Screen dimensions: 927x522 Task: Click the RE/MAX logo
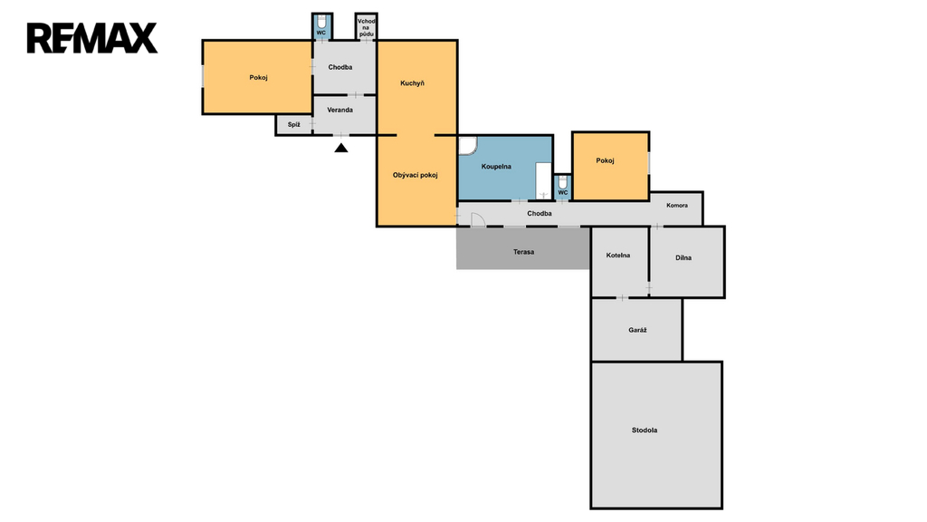(x=92, y=38)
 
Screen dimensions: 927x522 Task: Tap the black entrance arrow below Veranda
(x=341, y=148)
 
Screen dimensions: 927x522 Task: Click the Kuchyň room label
(x=412, y=83)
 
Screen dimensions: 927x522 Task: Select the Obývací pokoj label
(x=415, y=175)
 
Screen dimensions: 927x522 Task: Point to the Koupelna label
(x=496, y=167)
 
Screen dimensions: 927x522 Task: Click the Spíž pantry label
(x=294, y=125)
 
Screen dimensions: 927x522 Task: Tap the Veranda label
(x=340, y=110)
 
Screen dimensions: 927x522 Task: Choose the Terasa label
(x=524, y=252)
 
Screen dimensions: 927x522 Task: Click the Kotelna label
(x=617, y=256)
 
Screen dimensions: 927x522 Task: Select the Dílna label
(x=683, y=258)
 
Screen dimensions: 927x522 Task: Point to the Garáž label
(x=637, y=330)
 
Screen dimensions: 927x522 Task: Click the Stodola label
(x=645, y=430)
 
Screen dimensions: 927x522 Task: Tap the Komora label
(x=677, y=206)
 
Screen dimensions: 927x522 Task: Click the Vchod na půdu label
(x=367, y=28)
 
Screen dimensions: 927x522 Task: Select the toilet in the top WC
(x=321, y=22)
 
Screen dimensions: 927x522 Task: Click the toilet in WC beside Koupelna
(x=563, y=182)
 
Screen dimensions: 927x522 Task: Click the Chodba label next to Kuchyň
(x=340, y=67)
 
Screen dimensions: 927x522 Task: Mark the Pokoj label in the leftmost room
(x=258, y=78)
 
